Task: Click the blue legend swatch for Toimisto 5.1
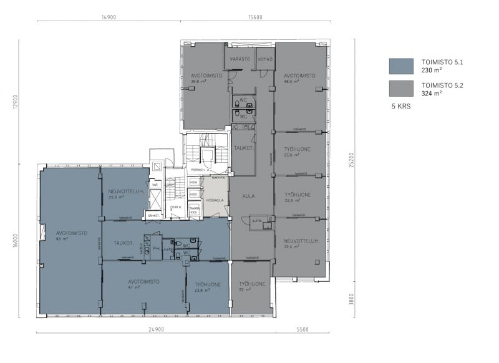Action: point(401,67)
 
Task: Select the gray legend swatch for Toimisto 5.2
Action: point(401,89)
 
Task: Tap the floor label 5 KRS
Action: point(400,106)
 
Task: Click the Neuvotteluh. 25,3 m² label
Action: point(126,193)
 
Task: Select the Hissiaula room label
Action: point(214,200)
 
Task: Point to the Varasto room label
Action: point(240,59)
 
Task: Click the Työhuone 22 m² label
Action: point(251,286)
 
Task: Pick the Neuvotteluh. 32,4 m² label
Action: point(301,243)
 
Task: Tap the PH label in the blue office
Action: point(156,248)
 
